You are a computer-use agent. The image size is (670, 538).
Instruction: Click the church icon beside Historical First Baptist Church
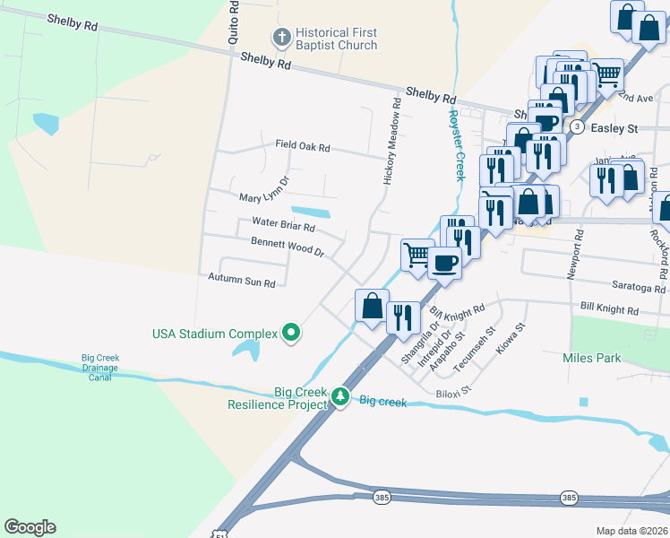pos(280,39)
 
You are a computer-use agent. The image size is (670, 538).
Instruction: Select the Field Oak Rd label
pos(303,146)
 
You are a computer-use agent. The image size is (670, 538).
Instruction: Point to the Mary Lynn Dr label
pos(264,191)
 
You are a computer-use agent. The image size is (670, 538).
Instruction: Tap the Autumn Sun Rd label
pos(241,282)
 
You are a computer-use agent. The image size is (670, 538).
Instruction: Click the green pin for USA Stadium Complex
pos(291,334)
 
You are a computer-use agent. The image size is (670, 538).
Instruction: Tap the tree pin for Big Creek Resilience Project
pos(339,396)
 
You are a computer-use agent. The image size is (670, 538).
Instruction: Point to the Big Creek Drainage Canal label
pos(100,368)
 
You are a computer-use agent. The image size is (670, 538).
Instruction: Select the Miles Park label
pos(591,358)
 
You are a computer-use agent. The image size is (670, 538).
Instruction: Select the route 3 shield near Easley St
pos(577,127)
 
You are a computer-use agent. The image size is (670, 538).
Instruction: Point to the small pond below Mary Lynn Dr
pos(310,213)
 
